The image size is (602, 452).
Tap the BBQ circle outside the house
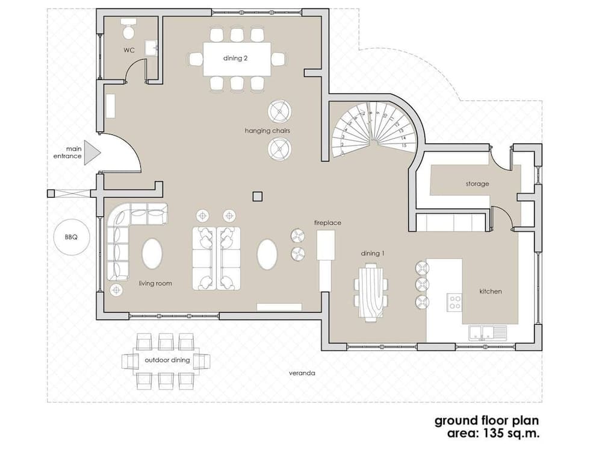71,237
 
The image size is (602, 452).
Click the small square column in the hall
258,195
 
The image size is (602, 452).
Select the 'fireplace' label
327,223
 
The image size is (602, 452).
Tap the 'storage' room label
477,183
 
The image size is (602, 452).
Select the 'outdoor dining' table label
167,360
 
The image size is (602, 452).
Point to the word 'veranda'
302,373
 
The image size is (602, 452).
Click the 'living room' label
155,283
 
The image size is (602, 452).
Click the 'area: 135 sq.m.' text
493,433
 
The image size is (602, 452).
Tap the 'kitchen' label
491,291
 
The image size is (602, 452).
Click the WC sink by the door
154,47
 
